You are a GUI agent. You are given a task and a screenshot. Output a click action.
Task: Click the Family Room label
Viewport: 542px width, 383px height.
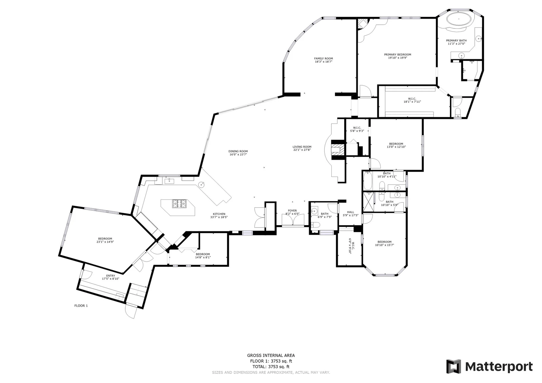coord(324,58)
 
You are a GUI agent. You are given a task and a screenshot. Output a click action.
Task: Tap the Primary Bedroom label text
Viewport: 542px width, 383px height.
coord(398,55)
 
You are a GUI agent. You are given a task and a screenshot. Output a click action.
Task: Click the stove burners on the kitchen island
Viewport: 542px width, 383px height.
coord(179,204)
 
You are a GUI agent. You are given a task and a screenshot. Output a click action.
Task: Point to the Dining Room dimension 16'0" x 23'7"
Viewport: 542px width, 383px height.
coord(238,154)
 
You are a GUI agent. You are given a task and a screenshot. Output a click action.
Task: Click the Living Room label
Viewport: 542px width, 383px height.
coord(302,147)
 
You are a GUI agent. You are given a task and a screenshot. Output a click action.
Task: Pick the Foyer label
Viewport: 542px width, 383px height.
coord(292,211)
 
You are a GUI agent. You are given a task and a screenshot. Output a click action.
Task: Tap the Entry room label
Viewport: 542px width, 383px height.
coord(110,276)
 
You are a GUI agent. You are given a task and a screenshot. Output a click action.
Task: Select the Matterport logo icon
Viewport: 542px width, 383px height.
coord(454,366)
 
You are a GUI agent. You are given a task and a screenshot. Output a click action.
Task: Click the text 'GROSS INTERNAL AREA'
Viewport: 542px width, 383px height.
coord(271,356)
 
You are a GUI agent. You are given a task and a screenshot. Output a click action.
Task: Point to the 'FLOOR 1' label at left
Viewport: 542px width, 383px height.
coord(81,305)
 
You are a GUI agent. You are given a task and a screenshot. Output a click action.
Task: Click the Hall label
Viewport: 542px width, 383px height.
coord(350,212)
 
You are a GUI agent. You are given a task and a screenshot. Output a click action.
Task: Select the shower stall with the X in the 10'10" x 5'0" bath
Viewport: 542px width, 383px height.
coord(369,201)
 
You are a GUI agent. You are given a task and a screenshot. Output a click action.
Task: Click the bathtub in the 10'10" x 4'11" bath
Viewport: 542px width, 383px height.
coord(368,180)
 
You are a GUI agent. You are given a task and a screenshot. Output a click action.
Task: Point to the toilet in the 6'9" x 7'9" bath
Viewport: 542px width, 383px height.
coord(315,225)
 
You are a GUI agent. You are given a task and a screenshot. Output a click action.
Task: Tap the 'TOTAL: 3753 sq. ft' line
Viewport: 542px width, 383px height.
coord(271,366)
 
